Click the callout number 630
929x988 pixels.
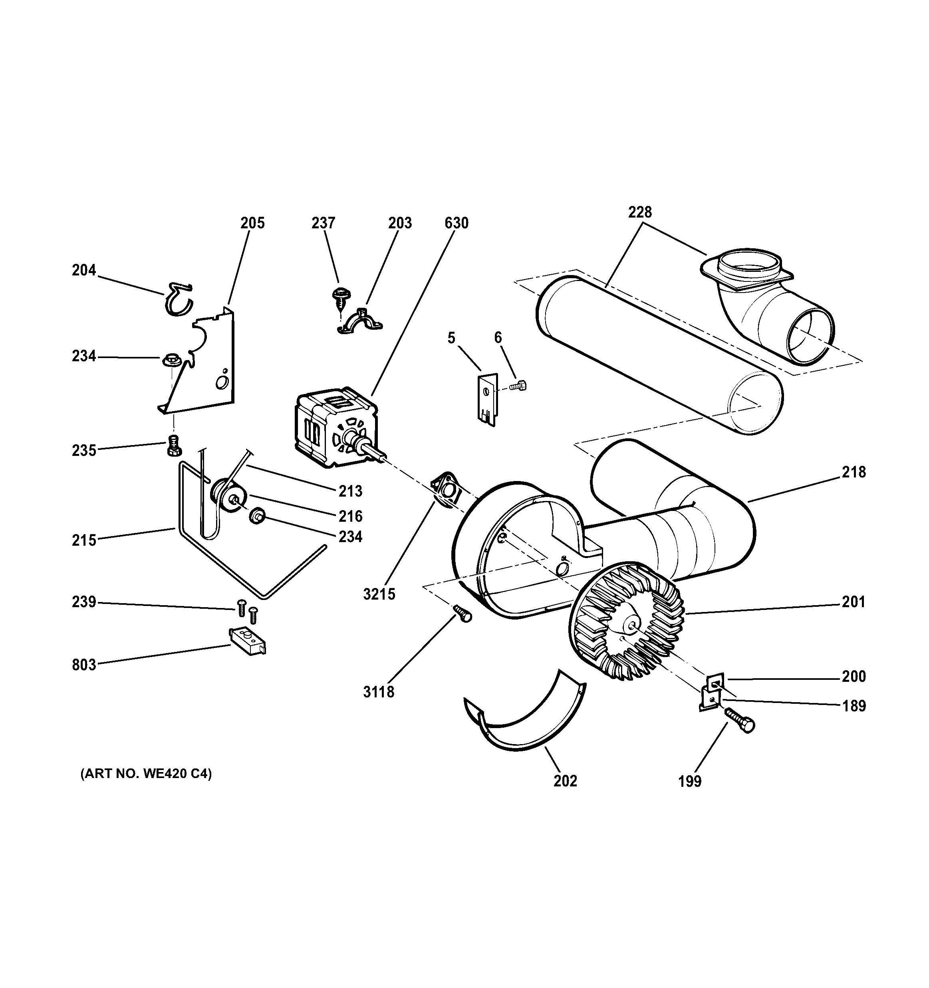456,223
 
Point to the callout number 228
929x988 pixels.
639,212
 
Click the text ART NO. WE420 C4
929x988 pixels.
146,774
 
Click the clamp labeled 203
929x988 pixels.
361,321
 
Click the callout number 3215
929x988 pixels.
379,594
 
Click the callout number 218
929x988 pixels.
854,472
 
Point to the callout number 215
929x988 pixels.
84,540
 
